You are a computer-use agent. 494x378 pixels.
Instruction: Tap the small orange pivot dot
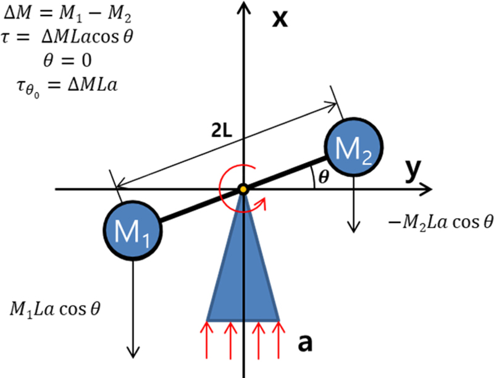click(x=244, y=189)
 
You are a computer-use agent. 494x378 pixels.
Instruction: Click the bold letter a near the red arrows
click(x=304, y=342)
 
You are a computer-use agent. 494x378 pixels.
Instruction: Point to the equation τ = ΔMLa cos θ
click(x=68, y=36)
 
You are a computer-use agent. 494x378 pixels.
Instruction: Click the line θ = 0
click(x=65, y=61)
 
